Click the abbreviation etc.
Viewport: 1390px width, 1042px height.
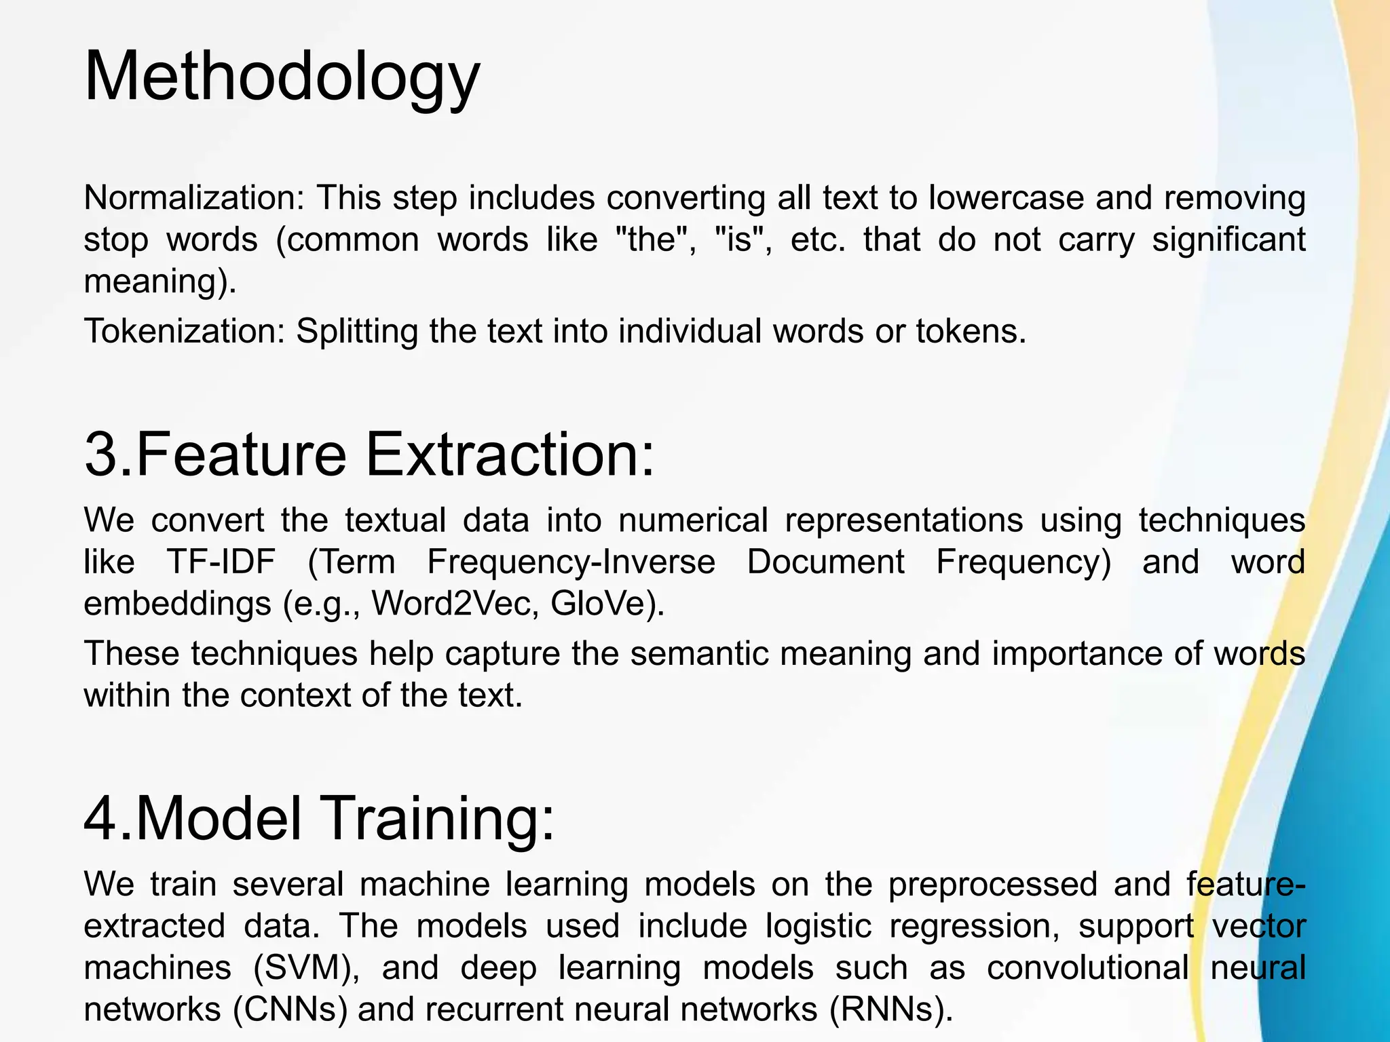click(x=818, y=239)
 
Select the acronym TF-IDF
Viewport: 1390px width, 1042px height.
click(x=221, y=562)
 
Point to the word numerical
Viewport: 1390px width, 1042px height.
click(x=693, y=520)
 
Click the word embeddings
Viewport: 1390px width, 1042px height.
click(x=177, y=603)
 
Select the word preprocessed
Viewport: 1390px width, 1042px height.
click(x=992, y=885)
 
